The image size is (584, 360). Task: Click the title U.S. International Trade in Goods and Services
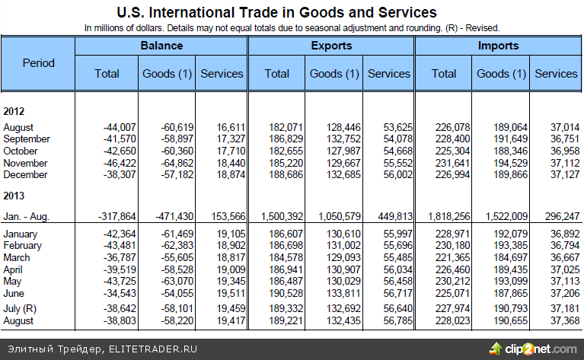coord(276,12)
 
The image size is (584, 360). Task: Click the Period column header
coord(38,63)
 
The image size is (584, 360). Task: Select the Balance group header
coord(161,46)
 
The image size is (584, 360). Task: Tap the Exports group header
coord(331,46)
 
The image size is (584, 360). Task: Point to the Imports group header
coord(497,46)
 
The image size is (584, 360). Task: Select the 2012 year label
coord(15,111)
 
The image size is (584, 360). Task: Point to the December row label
coord(25,174)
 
